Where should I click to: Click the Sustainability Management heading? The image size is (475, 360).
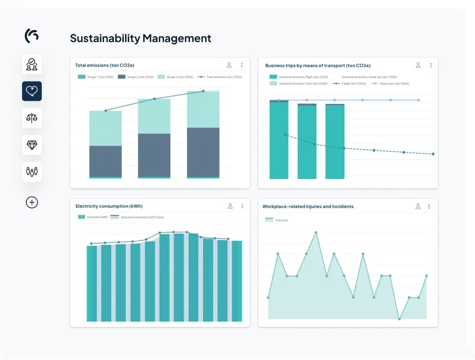tap(141, 38)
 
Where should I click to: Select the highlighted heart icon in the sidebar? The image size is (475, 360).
tap(32, 91)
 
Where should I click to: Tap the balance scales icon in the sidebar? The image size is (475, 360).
tap(32, 118)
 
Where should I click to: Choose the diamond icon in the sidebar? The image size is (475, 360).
tap(32, 145)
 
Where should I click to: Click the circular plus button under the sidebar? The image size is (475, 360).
tap(32, 202)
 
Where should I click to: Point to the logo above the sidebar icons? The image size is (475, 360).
tap(32, 35)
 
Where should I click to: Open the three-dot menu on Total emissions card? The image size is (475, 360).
tap(241, 65)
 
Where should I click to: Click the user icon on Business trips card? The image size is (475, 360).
tap(418, 65)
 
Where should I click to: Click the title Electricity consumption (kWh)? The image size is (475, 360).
tap(109, 206)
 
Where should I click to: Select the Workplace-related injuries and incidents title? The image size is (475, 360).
tap(308, 206)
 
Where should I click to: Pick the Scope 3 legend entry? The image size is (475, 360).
tap(175, 77)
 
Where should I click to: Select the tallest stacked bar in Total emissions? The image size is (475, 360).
tap(203, 134)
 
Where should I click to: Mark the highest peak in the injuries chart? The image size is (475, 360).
tap(316, 232)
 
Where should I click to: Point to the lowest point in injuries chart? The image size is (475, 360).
tap(399, 319)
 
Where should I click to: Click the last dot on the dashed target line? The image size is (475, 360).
tap(433, 154)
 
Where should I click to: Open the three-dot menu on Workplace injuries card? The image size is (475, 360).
tap(429, 206)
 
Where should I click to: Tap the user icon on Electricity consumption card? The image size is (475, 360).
tap(230, 206)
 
